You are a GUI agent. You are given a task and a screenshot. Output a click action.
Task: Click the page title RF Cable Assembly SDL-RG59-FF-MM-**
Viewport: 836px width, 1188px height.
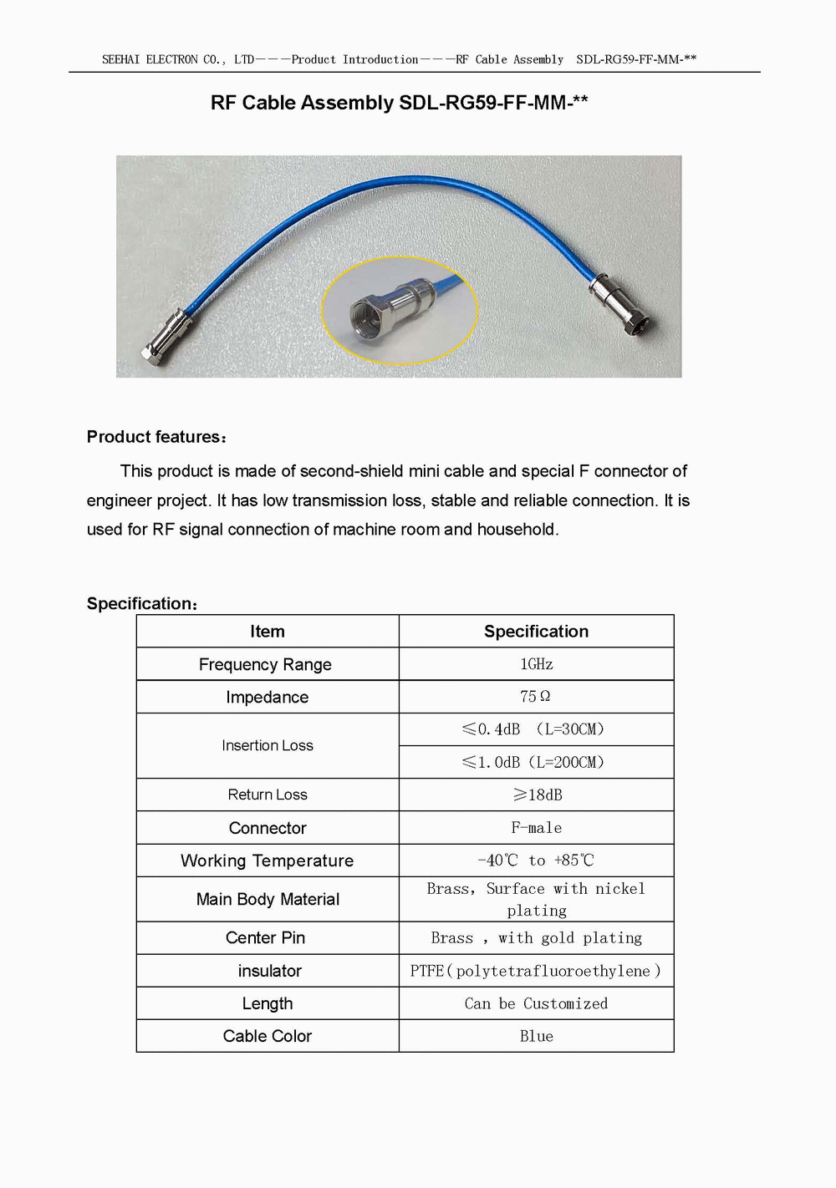[399, 103]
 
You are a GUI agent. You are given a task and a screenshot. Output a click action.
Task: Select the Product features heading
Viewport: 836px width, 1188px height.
[155, 437]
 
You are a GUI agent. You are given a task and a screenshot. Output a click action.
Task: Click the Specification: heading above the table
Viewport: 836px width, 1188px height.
[142, 603]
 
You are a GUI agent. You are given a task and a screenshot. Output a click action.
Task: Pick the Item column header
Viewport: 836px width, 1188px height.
[268, 632]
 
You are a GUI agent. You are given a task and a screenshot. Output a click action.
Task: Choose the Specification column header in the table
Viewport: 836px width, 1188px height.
[536, 632]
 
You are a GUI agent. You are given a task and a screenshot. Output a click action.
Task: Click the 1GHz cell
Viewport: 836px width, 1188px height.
[536, 664]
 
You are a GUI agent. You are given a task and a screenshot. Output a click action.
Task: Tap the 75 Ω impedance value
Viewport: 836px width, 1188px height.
[535, 697]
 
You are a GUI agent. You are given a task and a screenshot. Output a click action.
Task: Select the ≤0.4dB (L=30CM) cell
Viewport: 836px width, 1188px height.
[533, 729]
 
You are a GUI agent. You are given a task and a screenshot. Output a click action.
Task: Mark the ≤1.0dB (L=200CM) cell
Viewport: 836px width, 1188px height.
[533, 762]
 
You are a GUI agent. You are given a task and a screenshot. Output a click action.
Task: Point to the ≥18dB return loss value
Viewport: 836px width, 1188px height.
[538, 795]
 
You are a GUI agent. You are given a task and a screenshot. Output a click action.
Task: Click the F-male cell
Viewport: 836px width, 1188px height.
[536, 828]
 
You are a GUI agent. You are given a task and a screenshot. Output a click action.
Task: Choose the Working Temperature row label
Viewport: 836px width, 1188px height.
[267, 861]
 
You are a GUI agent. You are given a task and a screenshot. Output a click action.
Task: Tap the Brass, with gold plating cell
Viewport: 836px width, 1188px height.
[536, 938]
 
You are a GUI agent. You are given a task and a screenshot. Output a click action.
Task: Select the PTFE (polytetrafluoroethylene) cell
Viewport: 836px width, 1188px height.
[535, 971]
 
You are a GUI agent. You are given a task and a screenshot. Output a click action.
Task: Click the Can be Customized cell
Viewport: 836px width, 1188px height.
[536, 1003]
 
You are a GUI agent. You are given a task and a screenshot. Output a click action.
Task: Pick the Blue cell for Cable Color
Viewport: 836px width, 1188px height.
[536, 1036]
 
